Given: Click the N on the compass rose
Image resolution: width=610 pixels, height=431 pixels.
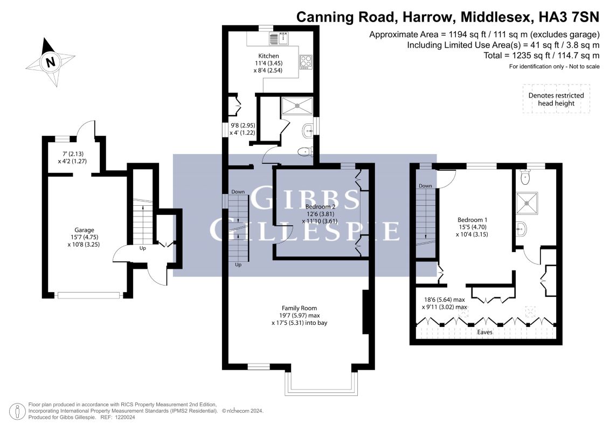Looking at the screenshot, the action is click(x=50, y=62).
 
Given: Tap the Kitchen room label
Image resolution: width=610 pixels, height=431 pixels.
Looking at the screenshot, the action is click(x=268, y=56).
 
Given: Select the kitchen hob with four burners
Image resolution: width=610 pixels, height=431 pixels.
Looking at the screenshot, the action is click(x=306, y=62).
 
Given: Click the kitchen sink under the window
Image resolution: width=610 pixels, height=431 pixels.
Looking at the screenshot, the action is click(x=279, y=38).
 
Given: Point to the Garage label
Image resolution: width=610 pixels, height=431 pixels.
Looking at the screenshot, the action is click(x=85, y=230).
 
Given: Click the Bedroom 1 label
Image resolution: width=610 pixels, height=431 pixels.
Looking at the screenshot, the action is click(x=472, y=220).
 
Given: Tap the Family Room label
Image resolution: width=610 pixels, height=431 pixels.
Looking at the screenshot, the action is click(x=299, y=308).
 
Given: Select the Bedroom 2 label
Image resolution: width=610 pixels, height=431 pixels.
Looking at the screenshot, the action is click(x=320, y=206).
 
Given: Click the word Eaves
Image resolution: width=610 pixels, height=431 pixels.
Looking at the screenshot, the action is click(x=485, y=332).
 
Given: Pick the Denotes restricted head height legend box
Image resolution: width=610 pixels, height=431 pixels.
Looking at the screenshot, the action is click(x=556, y=99).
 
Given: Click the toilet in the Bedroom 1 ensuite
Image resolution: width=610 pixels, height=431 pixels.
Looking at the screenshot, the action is click(x=525, y=177).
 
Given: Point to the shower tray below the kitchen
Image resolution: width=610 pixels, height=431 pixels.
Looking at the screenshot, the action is click(x=297, y=106).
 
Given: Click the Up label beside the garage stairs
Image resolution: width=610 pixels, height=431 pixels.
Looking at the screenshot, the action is click(x=143, y=248).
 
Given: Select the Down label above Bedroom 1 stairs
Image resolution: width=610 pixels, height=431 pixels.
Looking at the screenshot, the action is click(x=425, y=186).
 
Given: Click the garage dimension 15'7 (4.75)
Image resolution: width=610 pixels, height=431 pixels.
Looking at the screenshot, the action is click(x=85, y=237).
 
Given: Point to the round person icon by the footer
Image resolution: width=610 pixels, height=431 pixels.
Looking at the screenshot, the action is click(x=17, y=412).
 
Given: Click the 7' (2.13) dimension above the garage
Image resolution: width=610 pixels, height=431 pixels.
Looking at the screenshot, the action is click(x=73, y=154).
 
